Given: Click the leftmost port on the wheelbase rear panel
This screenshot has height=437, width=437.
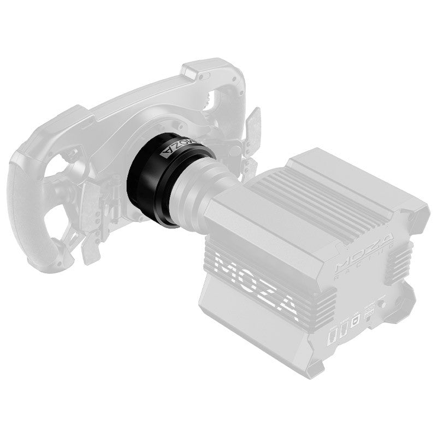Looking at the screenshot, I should (330, 334).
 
